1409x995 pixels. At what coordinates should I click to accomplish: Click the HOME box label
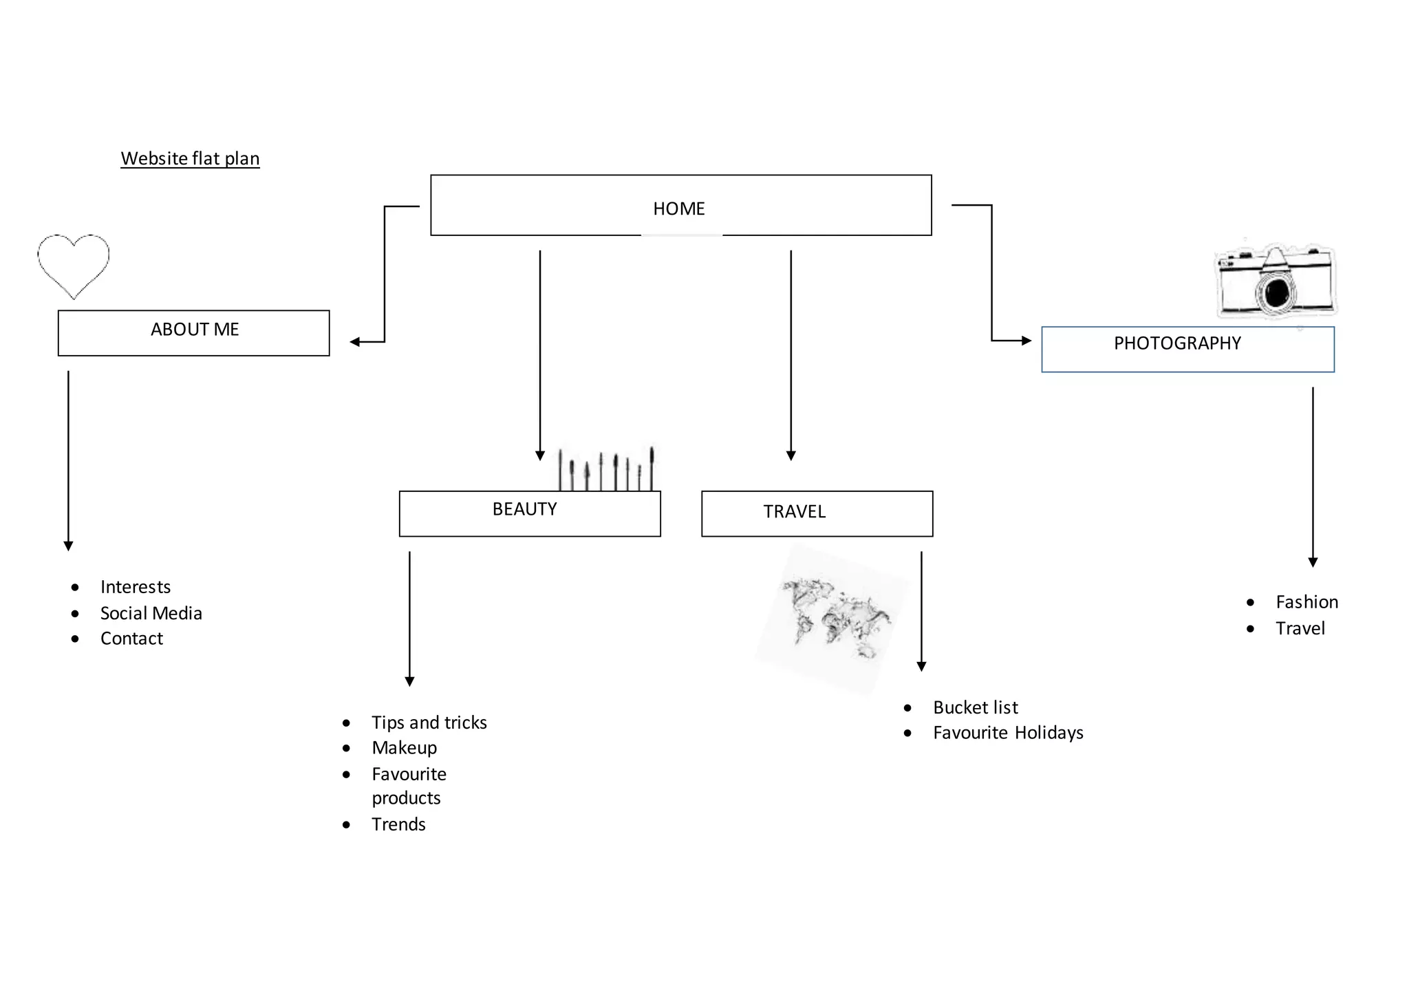(678, 208)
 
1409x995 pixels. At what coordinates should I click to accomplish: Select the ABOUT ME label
(195, 330)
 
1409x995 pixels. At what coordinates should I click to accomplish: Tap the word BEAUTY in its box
(524, 509)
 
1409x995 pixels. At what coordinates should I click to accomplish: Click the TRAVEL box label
(794, 512)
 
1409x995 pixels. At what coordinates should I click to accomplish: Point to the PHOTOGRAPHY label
(1177, 343)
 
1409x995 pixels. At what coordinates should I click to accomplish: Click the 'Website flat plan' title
(190, 158)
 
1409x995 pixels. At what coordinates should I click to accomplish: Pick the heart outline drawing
(73, 265)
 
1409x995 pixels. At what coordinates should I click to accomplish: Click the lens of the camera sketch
(1276, 292)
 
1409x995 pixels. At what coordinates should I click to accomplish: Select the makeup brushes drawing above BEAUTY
(605, 469)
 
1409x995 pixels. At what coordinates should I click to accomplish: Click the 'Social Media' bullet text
(151, 613)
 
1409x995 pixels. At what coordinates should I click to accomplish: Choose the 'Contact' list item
(131, 639)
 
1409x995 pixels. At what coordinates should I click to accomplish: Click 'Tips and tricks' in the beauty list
(429, 723)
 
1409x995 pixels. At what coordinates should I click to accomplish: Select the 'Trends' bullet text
(398, 824)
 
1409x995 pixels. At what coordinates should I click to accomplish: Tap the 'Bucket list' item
(975, 707)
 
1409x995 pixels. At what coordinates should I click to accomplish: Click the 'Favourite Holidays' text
(1008, 733)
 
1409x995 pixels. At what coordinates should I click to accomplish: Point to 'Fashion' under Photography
(1306, 602)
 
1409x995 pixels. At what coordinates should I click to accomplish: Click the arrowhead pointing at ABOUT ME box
(354, 342)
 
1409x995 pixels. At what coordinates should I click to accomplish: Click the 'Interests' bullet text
(135, 587)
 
